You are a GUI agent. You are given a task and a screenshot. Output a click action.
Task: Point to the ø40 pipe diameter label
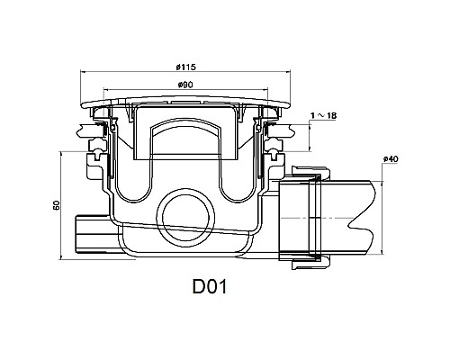[x=390, y=160]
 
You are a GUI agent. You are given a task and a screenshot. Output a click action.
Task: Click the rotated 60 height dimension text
[x=57, y=205]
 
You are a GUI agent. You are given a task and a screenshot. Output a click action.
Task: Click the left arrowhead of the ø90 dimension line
[x=108, y=91]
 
